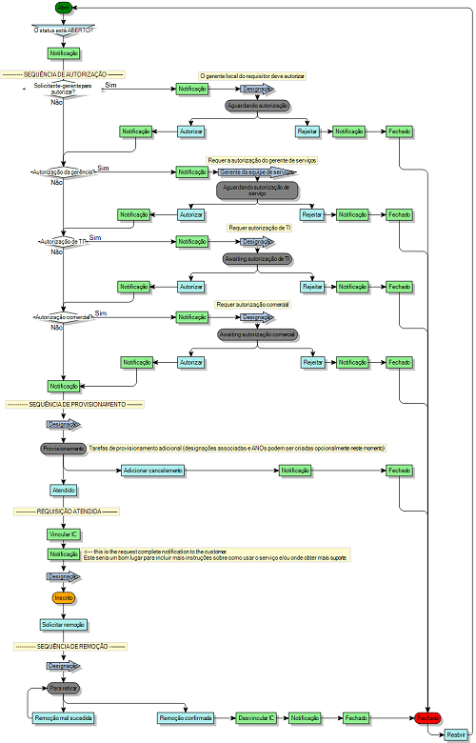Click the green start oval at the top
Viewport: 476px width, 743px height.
click(x=64, y=7)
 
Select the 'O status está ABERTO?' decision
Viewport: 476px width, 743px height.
click(x=64, y=30)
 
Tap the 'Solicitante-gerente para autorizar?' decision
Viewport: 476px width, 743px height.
click(x=63, y=90)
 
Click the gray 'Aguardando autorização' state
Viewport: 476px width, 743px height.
click(x=257, y=105)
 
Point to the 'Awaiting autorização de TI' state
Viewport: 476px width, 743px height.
click(x=257, y=258)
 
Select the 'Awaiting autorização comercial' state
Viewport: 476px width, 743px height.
click(x=257, y=334)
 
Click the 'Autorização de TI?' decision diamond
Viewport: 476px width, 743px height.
click(x=63, y=242)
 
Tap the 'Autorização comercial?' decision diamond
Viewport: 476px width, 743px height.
click(x=63, y=317)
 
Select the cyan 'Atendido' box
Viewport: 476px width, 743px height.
click(x=64, y=490)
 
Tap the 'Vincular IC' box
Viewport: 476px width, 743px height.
click(x=64, y=534)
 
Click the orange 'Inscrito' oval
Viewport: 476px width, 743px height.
click(x=64, y=597)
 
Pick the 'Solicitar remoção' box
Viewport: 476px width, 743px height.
click(x=64, y=625)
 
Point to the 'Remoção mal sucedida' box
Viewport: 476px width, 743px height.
click(x=64, y=717)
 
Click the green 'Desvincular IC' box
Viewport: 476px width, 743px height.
click(x=257, y=717)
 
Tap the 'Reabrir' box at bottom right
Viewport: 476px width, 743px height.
click(x=457, y=733)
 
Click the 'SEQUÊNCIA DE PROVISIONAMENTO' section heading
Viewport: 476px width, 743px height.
click(x=74, y=404)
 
